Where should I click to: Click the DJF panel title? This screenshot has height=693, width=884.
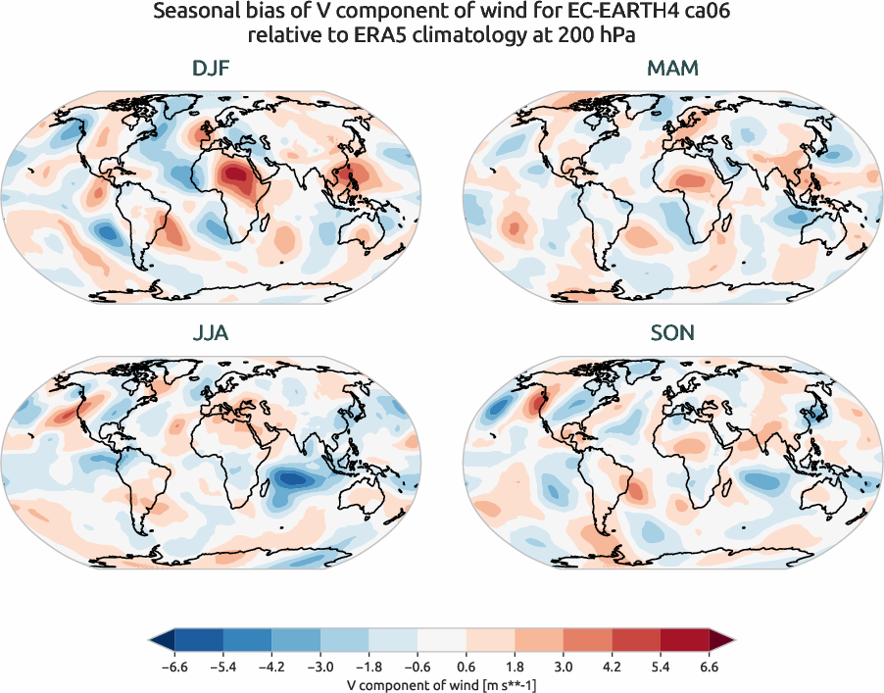point(211,69)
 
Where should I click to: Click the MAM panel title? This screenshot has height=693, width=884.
point(672,69)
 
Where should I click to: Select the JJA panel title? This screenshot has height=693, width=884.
point(211,333)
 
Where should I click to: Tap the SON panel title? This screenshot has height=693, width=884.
point(672,333)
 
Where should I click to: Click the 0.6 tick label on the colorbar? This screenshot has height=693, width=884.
point(467,667)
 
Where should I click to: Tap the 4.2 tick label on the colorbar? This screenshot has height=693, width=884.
point(613,667)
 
